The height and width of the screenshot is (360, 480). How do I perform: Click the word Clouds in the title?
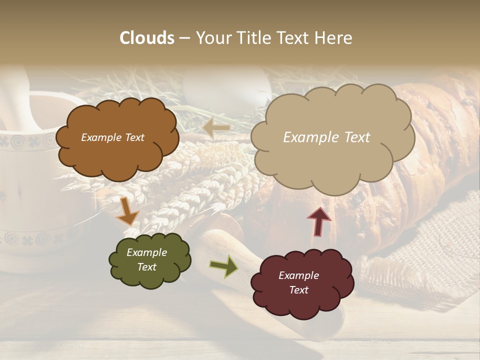pyautogui.click(x=147, y=38)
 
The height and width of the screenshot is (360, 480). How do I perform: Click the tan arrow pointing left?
pyautogui.click(x=216, y=128)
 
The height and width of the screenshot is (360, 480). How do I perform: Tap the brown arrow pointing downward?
pyautogui.click(x=127, y=211)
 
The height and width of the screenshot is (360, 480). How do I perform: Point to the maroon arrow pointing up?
pyautogui.click(x=319, y=221)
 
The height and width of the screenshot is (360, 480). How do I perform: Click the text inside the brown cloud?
pyautogui.click(x=112, y=137)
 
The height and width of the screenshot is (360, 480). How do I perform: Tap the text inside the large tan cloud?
pyautogui.click(x=326, y=137)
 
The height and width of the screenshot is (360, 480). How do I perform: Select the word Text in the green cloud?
pyautogui.click(x=147, y=267)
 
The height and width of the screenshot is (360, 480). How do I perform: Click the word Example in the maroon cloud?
pyautogui.click(x=298, y=275)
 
